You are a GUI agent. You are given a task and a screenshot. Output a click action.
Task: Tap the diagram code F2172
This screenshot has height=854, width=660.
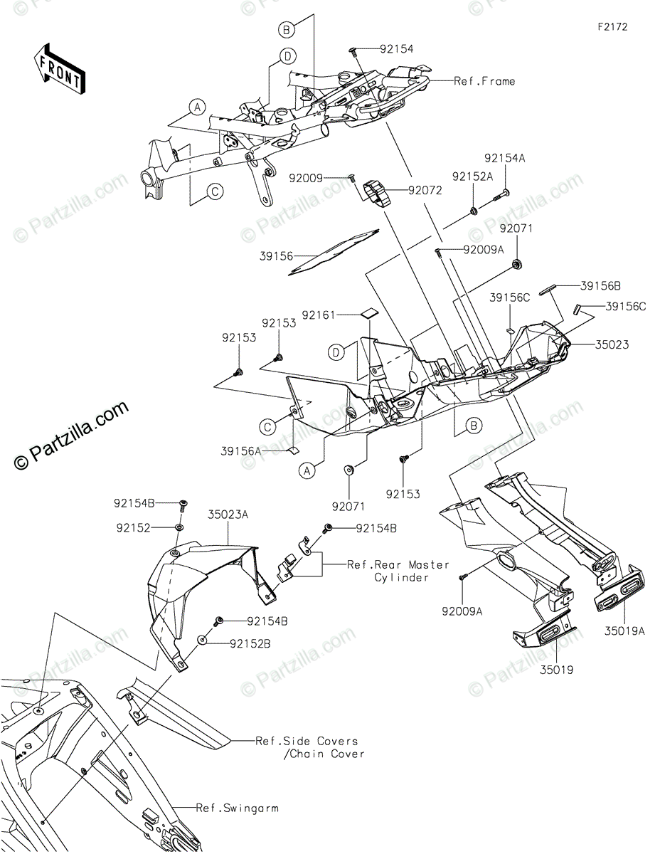tap(612, 28)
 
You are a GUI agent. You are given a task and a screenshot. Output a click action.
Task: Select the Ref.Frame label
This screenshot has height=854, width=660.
tap(484, 81)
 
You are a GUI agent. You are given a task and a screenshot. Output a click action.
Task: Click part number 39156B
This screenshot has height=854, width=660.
tap(600, 285)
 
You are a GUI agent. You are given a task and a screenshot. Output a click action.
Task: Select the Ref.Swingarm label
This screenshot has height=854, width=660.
tap(238, 808)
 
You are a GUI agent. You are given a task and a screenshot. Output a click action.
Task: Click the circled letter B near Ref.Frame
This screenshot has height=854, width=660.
tap(286, 29)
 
